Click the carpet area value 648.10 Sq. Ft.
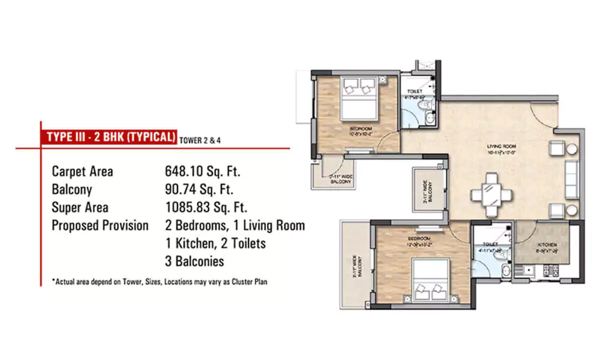[202, 172]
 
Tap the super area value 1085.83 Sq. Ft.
[206, 208]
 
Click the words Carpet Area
[82, 172]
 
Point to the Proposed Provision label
[100, 226]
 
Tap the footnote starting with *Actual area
[159, 281]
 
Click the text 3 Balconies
[194, 261]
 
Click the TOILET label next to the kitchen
[490, 245]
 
